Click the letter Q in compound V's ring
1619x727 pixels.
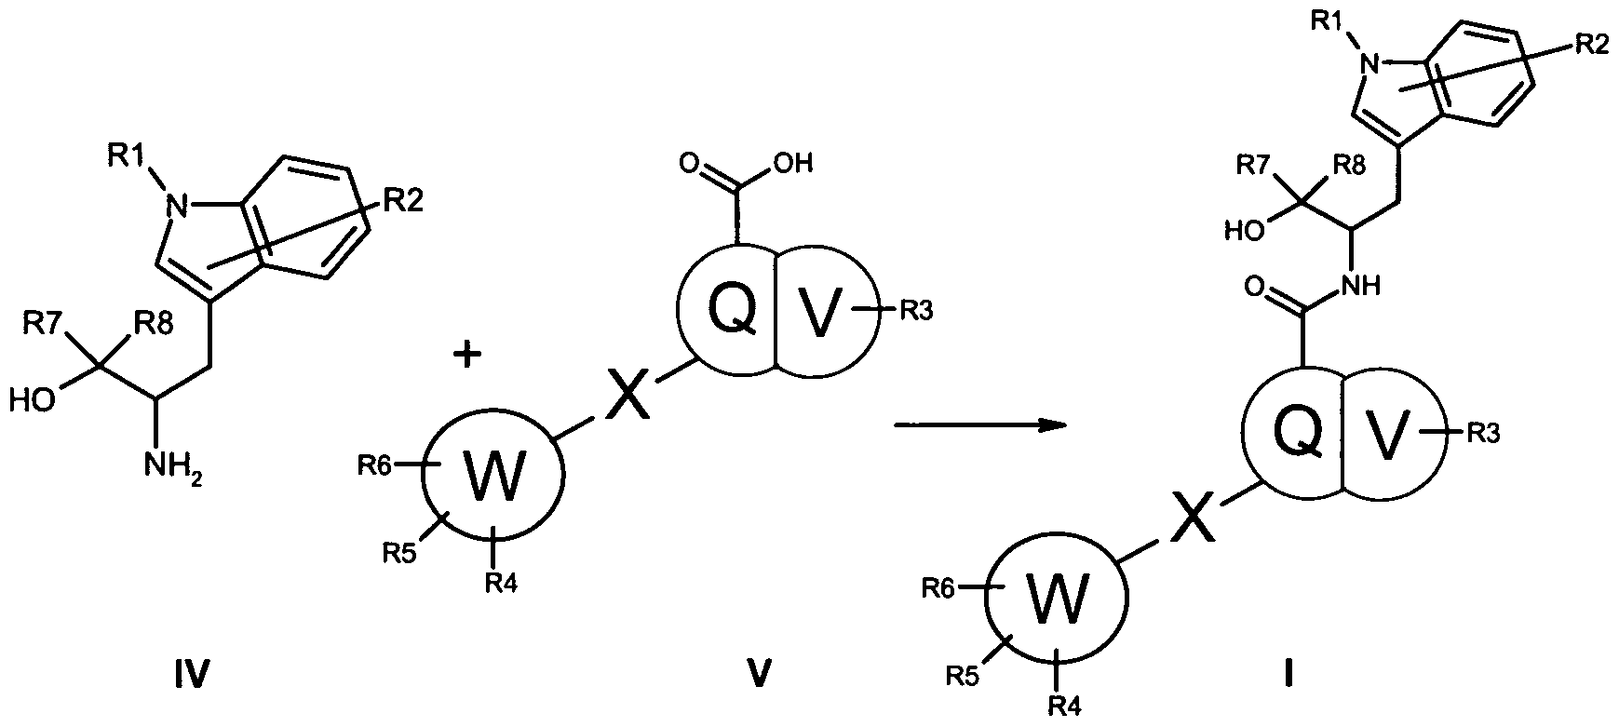(x=734, y=311)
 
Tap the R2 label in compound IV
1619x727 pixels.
(x=398, y=202)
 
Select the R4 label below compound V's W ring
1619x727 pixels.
(x=503, y=583)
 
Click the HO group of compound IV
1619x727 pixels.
(x=32, y=401)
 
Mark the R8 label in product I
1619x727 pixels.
(x=1350, y=167)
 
